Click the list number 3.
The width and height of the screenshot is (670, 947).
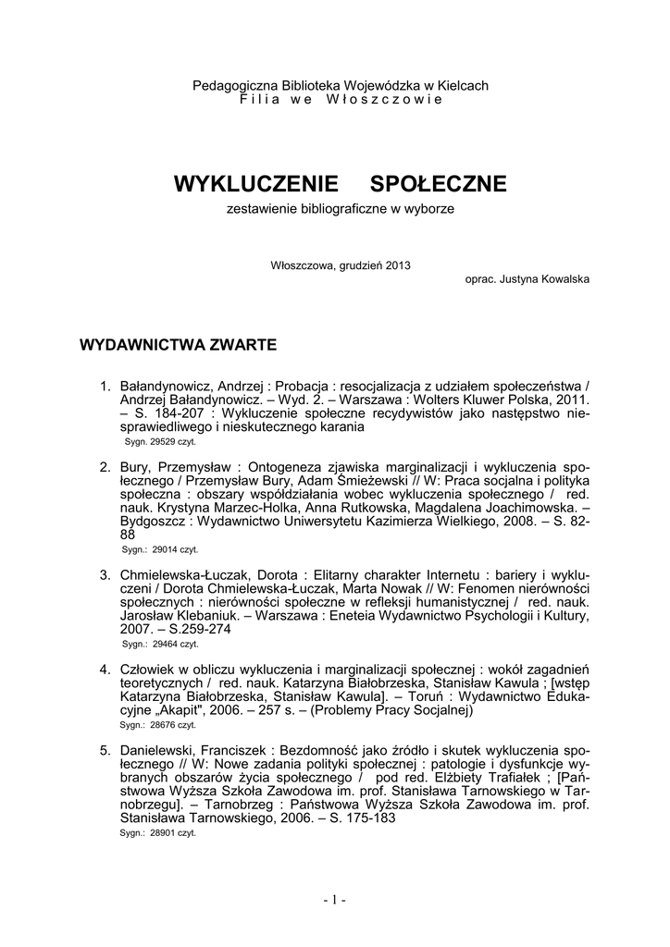[105, 574]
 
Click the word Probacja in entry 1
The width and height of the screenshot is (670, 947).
[290, 386]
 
